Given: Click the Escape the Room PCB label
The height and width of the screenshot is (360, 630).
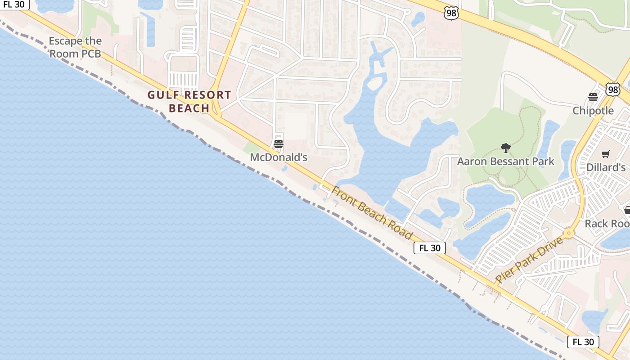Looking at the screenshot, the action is coord(75,47).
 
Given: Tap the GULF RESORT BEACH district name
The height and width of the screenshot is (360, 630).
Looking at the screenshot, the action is coord(189,102).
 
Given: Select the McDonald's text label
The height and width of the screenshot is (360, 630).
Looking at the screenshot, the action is coord(279,157).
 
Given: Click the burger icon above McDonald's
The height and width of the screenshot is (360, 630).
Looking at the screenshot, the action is coord(279,144).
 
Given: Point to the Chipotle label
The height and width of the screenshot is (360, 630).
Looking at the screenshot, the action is coord(593,111).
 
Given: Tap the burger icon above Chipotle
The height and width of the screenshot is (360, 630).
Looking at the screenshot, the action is coord(593,97).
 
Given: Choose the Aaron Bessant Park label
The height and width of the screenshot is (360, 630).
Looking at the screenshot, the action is coord(506,161).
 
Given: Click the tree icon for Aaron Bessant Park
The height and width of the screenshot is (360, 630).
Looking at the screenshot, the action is coord(506,148).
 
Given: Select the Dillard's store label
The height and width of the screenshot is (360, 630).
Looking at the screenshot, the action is coord(606,167).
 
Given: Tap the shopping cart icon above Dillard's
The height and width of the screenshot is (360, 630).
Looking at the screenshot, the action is coord(606,154).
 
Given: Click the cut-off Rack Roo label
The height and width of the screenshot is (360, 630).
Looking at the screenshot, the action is coord(607,224).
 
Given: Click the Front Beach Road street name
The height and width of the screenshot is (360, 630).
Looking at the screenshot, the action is coord(372,213).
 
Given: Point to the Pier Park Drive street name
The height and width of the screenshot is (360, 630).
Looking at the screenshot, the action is coord(529,260).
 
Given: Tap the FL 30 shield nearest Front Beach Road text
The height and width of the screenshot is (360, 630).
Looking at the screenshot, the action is coord(430,248).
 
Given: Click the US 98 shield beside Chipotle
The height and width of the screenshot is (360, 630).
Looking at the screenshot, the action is coord(612,90).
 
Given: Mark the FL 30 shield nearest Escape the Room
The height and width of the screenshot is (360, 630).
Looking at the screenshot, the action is coord(13,4).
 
